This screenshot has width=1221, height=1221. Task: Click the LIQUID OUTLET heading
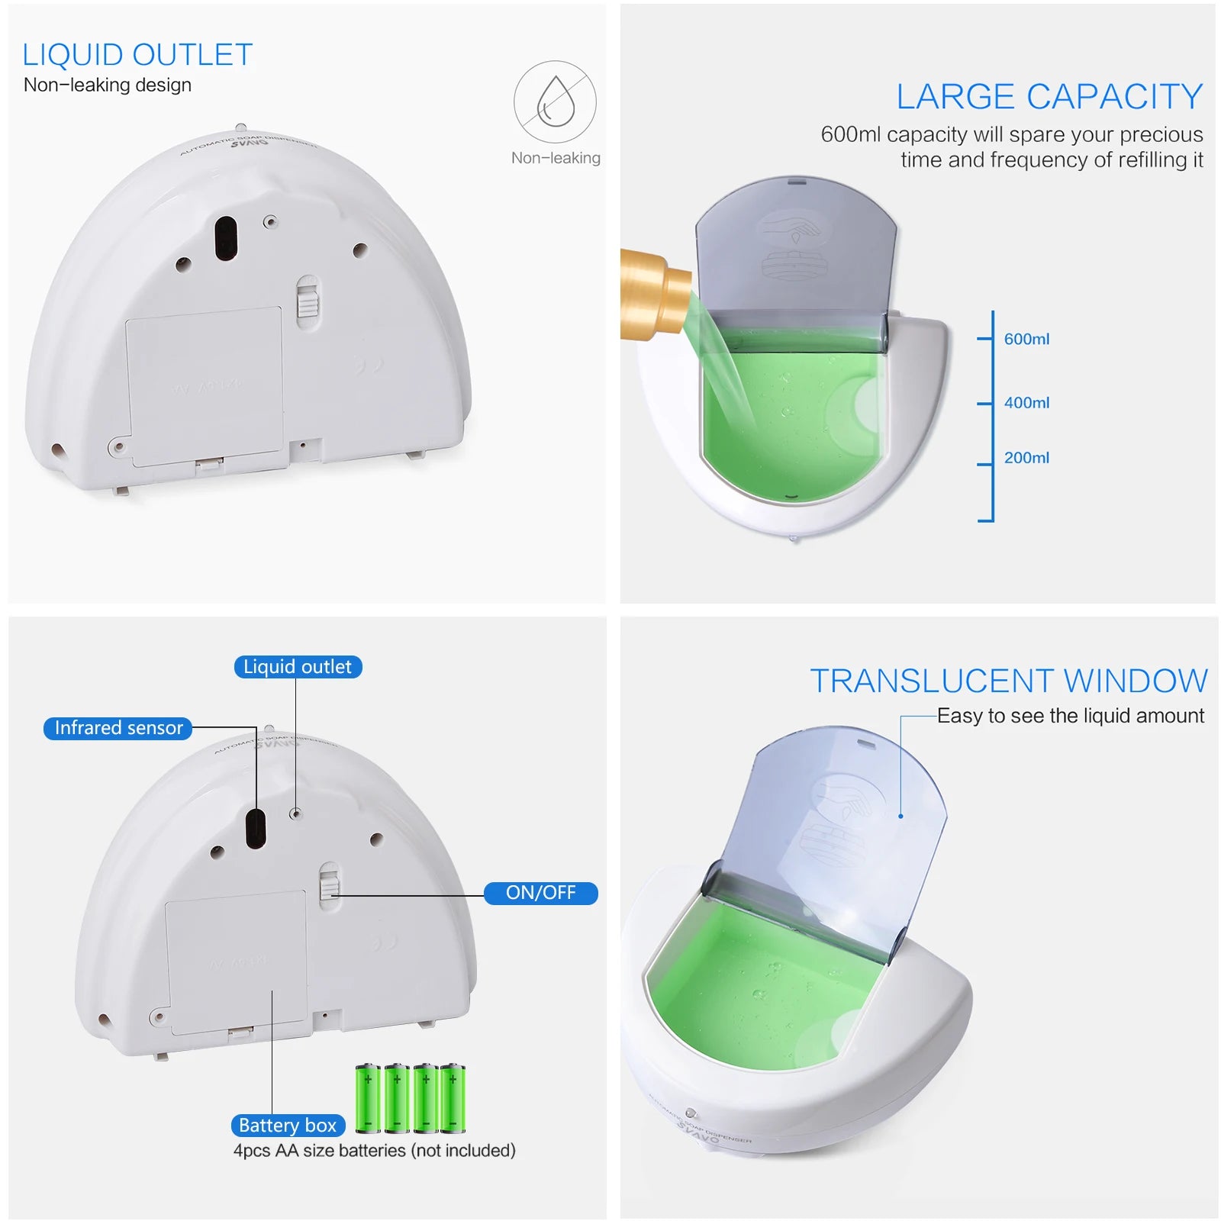coord(137,55)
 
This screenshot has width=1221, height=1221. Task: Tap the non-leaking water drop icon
coord(555,101)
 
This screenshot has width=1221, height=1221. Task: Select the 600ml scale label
coord(1026,339)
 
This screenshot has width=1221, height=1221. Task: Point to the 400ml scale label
coord(1026,402)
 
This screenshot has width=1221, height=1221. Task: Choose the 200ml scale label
coord(1026,458)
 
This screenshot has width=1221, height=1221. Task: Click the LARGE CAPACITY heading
coord(1049,97)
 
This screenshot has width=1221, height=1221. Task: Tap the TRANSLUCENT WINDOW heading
coord(1009,681)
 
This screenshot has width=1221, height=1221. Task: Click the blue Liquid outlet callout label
coord(298,667)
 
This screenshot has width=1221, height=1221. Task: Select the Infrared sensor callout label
coord(118,728)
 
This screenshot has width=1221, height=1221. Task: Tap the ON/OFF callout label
coord(540,893)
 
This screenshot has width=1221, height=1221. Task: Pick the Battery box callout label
coord(288,1126)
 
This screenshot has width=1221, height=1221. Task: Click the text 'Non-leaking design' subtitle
coord(108,85)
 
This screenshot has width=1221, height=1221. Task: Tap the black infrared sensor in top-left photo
coord(226,237)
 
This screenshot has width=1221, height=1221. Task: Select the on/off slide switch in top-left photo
coord(308,300)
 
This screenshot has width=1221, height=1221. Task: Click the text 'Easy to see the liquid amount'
coord(1070,716)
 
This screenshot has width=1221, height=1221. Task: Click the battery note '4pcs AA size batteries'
coord(374,1150)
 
